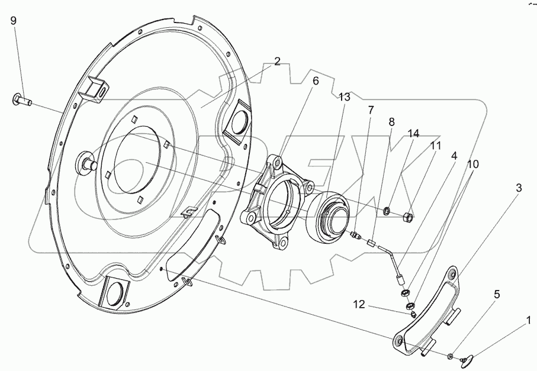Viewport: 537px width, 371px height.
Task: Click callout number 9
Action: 14,21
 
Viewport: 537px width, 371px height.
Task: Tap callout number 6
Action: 316,81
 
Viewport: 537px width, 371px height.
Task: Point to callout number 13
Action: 345,96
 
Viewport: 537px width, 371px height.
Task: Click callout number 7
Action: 371,111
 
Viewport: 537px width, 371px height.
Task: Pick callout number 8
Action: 391,122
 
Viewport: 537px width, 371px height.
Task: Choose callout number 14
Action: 413,134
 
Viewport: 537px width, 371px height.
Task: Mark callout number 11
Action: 435,145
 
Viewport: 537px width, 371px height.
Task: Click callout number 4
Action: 454,156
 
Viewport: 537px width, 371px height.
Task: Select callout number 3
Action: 519,189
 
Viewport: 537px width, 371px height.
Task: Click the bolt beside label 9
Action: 20,101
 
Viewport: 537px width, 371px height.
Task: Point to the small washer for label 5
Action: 451,356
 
